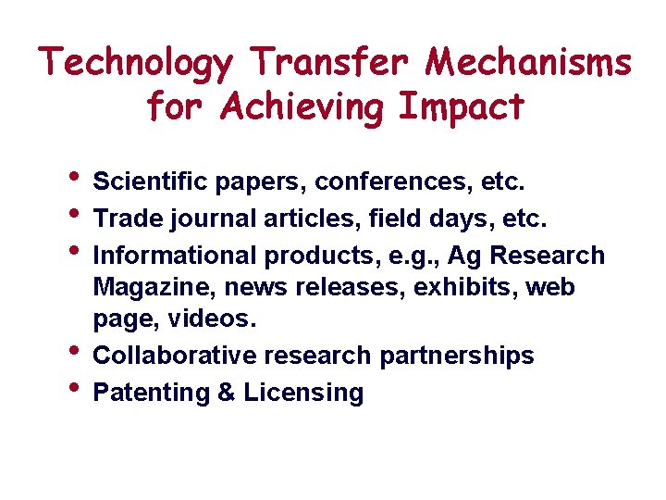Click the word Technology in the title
pos(137,64)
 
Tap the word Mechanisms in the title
pos(529,63)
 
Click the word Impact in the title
pos(462,108)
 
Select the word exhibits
pos(466,287)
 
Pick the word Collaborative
pos(176,356)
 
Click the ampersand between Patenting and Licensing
pos(227,393)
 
